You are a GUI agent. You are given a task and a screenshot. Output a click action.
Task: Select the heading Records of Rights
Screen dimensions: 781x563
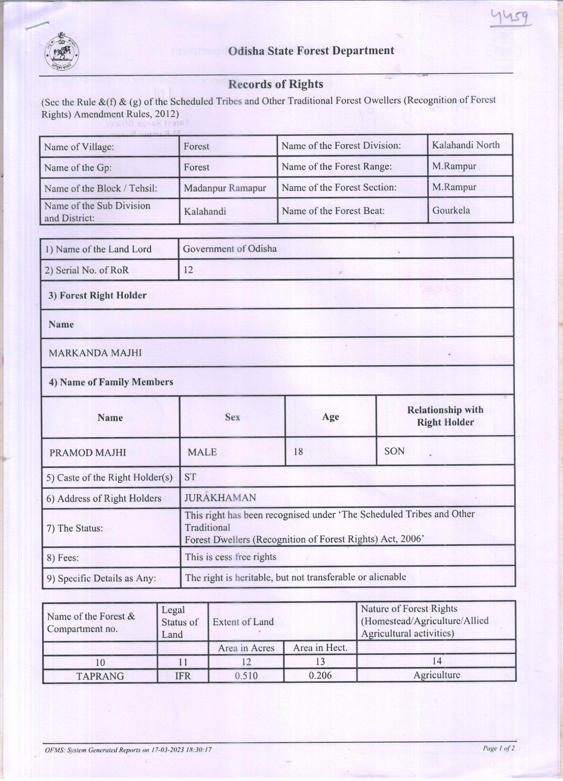tap(275, 84)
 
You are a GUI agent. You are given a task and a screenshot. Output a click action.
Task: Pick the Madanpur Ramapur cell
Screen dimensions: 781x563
tap(225, 188)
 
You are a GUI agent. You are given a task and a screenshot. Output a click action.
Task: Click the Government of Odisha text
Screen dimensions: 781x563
tap(230, 249)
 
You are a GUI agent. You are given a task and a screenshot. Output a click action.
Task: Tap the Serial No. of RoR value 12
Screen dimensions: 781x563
tap(188, 270)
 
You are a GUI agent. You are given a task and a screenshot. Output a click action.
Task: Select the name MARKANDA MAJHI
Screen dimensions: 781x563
tap(95, 353)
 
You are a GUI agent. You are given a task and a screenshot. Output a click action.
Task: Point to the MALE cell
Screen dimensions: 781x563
tap(202, 452)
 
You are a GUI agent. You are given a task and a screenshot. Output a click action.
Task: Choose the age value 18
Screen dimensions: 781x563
tap(298, 451)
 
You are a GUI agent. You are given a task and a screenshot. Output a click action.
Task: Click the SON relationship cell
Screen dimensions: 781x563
tap(394, 451)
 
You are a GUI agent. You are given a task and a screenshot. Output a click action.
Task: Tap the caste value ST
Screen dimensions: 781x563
tap(190, 477)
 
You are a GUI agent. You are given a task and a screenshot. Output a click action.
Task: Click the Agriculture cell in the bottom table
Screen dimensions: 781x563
tap(437, 675)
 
